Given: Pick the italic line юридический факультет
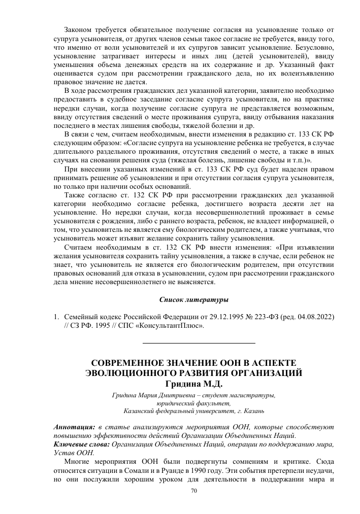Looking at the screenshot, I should [194, 403].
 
